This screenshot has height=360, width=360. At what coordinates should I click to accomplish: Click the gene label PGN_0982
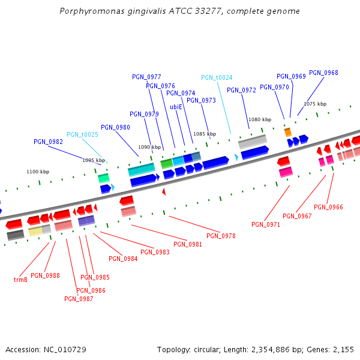[48, 142]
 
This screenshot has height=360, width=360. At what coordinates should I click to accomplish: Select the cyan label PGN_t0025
[82, 134]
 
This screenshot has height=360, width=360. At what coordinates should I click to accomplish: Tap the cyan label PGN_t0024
[217, 77]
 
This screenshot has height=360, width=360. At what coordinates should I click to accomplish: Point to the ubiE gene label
[176, 107]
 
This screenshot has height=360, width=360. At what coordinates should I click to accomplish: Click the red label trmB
[20, 280]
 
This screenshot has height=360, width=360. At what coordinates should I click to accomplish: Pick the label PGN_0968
[323, 73]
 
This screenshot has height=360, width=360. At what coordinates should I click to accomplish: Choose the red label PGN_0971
[266, 224]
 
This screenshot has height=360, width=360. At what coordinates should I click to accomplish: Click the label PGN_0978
[221, 236]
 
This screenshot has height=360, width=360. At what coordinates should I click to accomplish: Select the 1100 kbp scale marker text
[37, 172]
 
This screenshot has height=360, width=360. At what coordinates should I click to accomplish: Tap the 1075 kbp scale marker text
[315, 104]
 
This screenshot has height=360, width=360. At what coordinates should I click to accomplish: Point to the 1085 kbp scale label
[204, 134]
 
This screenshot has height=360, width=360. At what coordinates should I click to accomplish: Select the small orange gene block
[288, 131]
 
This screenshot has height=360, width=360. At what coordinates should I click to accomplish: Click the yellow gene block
[35, 231]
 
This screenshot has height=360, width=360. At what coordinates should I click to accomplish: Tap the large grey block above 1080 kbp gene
[253, 142]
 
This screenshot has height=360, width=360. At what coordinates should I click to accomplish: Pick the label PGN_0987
[79, 299]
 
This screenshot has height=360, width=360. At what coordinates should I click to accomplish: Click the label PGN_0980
[115, 127]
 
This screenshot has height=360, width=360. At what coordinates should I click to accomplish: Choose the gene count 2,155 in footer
[344, 349]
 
